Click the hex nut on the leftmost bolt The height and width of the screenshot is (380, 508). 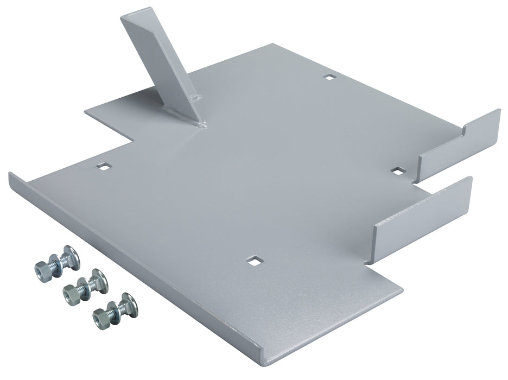41,268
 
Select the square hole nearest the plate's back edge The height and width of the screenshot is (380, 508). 328,78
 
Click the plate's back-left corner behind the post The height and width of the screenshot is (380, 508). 86,111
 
